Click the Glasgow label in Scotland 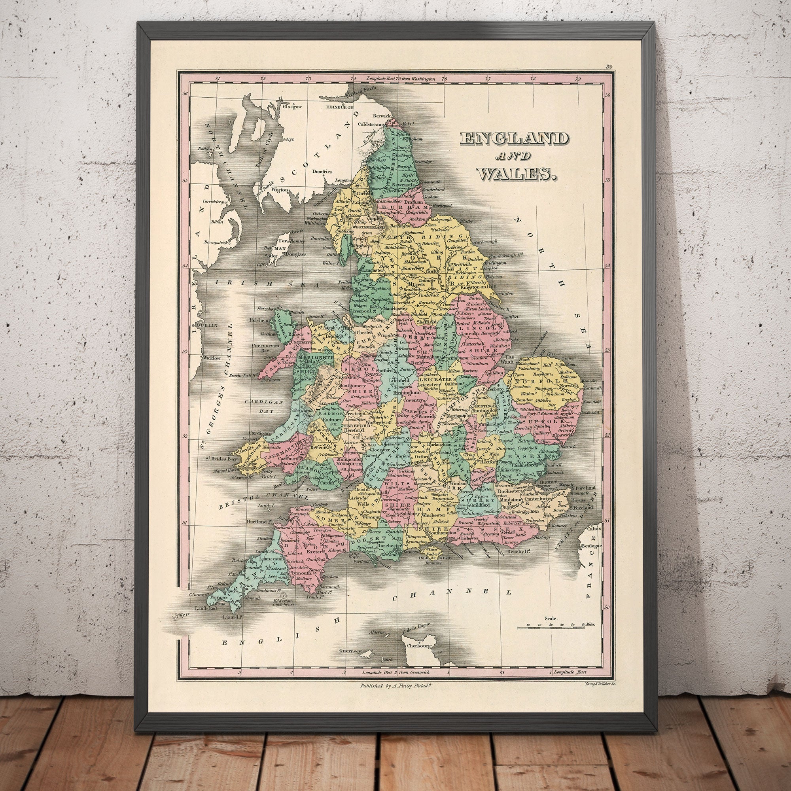click(x=292, y=107)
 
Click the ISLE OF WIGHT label click(x=430, y=557)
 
